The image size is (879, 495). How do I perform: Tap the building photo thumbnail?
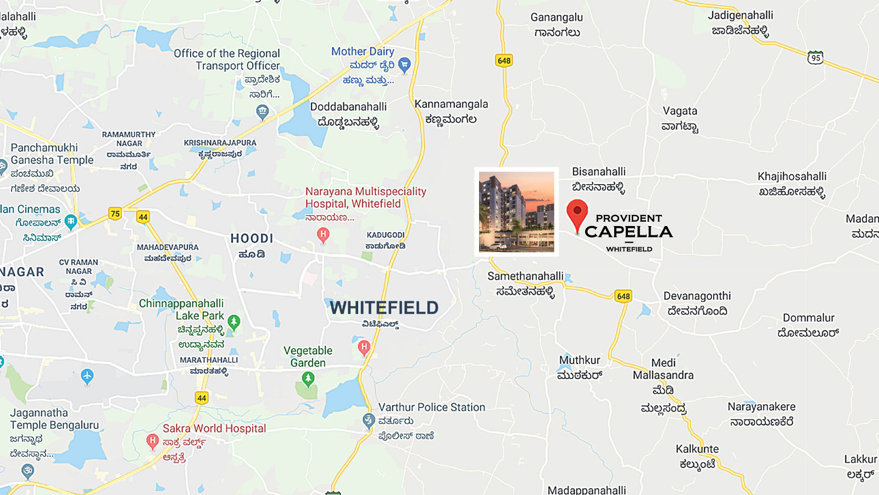(x=516, y=212)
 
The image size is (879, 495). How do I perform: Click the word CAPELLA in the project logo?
(x=628, y=232)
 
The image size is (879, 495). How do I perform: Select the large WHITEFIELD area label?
(x=384, y=308)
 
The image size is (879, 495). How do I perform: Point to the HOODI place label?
(x=252, y=239)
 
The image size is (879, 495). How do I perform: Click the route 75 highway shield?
(x=115, y=214)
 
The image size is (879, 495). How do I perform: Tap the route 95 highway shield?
(x=816, y=58)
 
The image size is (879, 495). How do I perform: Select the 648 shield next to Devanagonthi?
(x=624, y=296)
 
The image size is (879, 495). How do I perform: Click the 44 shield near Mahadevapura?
(x=143, y=217)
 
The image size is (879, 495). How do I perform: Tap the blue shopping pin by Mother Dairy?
(x=404, y=65)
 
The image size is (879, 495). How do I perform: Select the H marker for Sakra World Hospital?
(x=153, y=441)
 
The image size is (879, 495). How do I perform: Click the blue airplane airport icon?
(x=87, y=376)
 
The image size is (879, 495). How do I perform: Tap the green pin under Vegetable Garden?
(x=308, y=378)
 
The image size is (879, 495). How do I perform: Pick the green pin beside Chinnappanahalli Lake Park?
(x=234, y=321)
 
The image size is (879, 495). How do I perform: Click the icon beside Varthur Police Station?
(x=369, y=421)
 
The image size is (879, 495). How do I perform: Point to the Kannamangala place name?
(x=451, y=105)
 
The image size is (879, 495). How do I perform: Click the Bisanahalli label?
(x=599, y=172)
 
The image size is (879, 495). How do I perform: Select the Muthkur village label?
(x=580, y=360)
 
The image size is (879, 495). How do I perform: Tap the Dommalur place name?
(x=809, y=318)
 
